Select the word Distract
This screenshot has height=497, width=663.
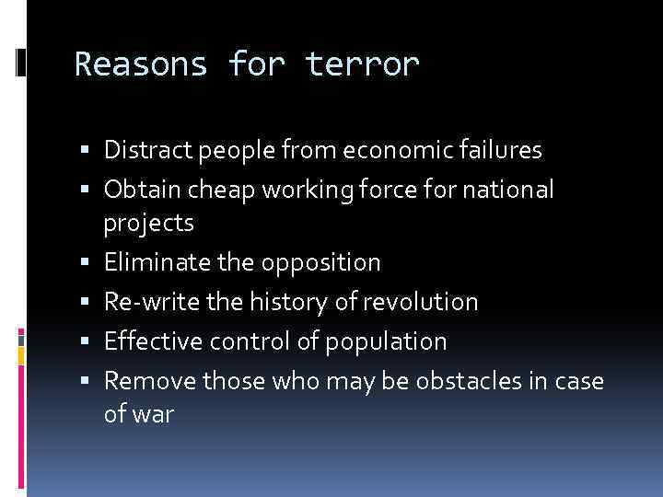pyautogui.click(x=143, y=149)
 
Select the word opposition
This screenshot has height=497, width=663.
pyautogui.click(x=320, y=263)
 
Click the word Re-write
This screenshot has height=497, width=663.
pyautogui.click(x=145, y=303)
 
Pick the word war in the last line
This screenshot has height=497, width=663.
pyautogui.click(x=152, y=415)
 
